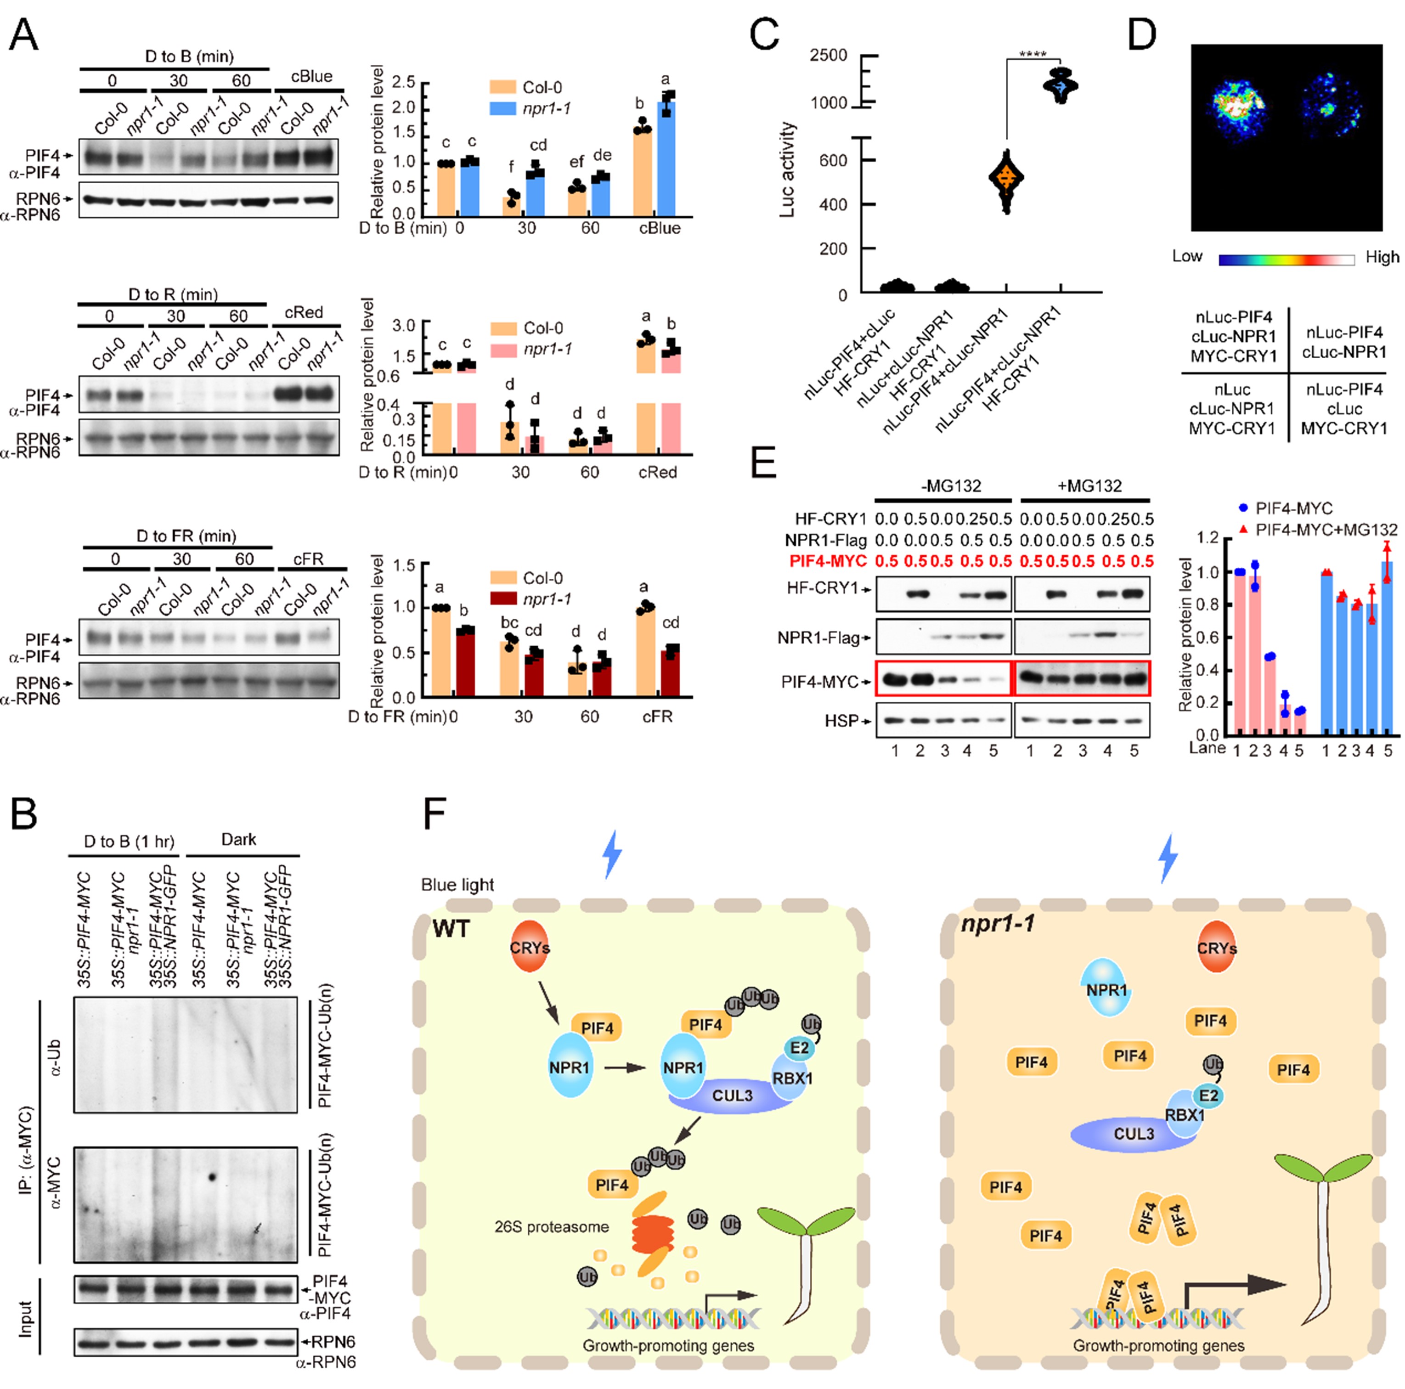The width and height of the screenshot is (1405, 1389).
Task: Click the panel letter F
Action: point(434,814)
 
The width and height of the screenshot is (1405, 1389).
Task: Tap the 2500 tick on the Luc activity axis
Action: point(829,55)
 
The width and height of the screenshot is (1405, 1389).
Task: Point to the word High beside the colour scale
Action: point(1382,257)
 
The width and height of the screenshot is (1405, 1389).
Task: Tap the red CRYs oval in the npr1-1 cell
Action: point(1217,948)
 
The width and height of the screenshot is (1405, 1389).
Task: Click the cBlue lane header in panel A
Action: point(311,76)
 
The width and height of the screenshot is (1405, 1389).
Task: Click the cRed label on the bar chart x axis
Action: point(657,472)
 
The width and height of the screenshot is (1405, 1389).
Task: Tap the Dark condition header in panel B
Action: point(238,839)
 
